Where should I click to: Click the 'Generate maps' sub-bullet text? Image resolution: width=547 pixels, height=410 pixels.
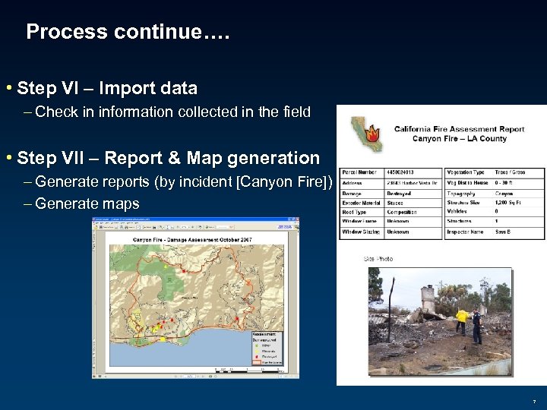coord(87,203)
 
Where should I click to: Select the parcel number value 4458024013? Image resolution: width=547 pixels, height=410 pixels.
coord(404,172)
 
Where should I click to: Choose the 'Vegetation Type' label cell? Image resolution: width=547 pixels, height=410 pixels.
coord(466,172)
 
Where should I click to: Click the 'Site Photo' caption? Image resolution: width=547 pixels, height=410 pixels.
coord(378,259)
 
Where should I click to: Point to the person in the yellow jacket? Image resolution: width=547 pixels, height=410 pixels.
coord(461,319)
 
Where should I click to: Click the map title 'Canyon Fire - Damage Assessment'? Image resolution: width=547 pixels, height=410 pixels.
coord(182,240)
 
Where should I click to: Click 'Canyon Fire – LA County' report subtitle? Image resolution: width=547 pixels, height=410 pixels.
coord(459,138)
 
